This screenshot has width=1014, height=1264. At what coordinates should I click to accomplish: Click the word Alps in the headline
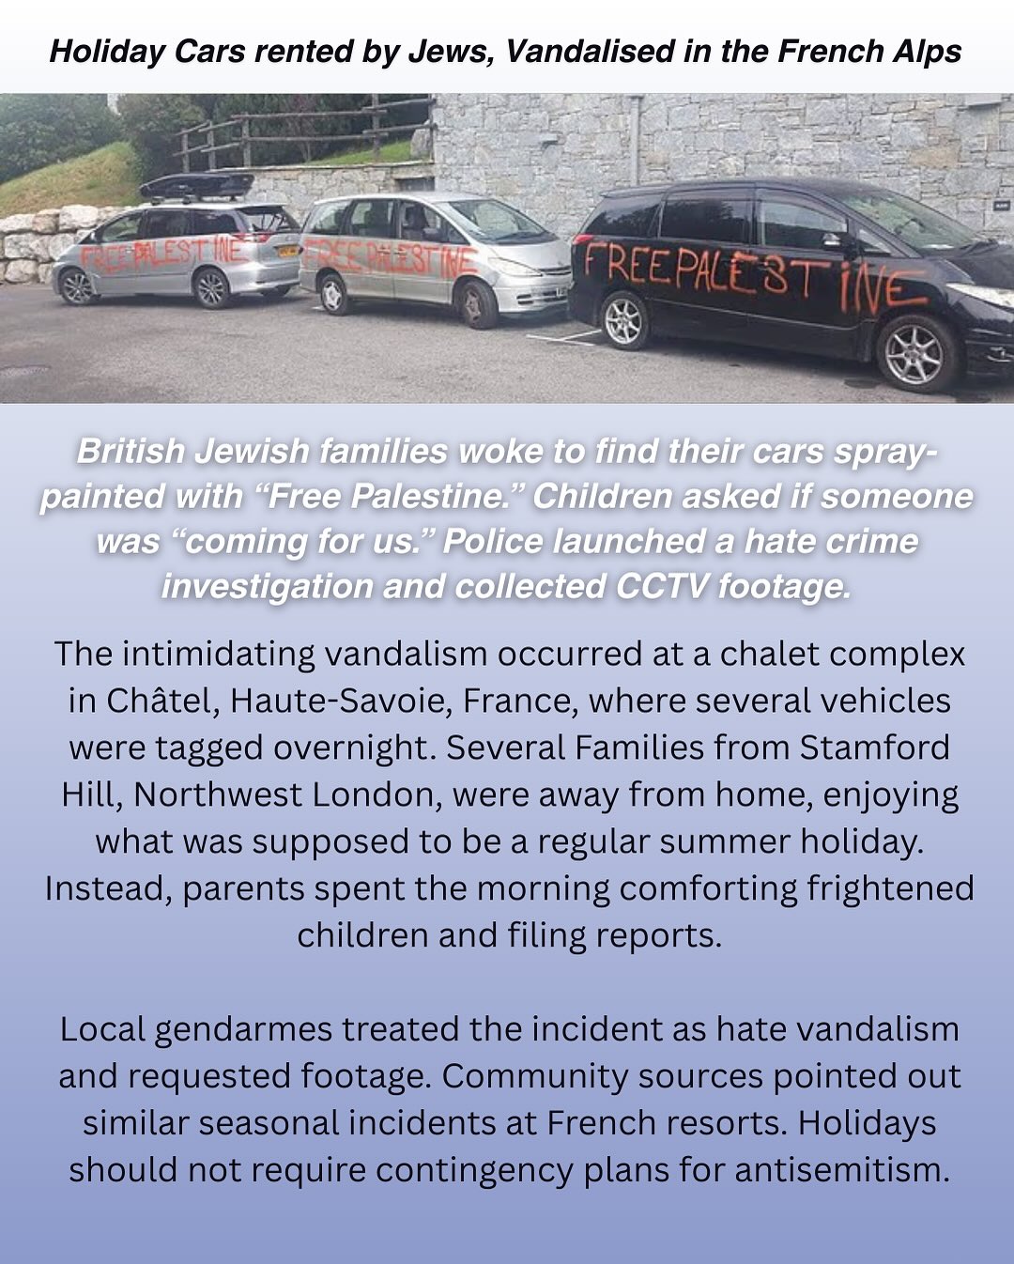927,51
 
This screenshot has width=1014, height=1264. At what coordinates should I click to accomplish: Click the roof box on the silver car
197,186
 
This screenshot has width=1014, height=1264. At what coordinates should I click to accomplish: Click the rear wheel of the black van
623,319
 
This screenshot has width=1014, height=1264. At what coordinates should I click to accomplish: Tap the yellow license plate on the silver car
287,251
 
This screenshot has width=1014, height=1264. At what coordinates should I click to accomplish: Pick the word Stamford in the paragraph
874,748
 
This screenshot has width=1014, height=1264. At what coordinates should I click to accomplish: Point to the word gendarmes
243,1029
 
